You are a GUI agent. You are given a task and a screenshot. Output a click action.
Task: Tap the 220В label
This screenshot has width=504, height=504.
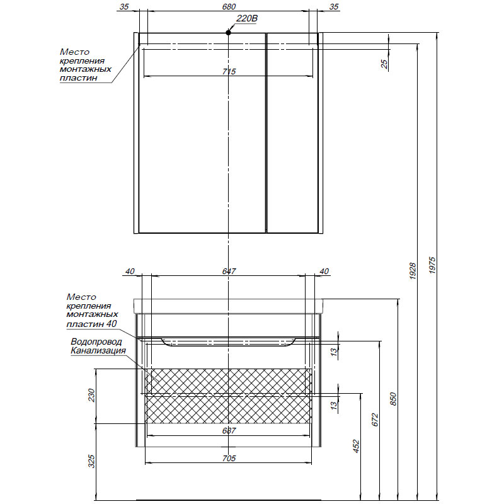[246, 19]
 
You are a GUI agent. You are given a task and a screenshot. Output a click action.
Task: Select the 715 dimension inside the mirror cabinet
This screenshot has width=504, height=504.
[229, 72]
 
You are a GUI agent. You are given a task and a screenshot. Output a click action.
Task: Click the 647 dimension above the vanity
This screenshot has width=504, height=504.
[229, 272]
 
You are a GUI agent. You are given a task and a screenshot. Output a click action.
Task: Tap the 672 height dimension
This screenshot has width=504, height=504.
[375, 420]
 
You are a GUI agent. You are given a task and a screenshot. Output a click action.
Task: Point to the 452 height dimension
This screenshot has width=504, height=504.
[356, 446]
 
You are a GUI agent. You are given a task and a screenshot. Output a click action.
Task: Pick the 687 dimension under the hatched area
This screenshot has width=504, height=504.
[229, 431]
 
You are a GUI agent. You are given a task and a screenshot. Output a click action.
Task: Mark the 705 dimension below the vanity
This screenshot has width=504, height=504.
[229, 458]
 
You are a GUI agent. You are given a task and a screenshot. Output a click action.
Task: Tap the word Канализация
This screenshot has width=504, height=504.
[98, 351]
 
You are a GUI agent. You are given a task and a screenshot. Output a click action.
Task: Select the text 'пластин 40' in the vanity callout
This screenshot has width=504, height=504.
[92, 324]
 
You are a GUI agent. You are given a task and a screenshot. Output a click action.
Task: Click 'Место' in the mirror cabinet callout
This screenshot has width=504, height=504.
[74, 52]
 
